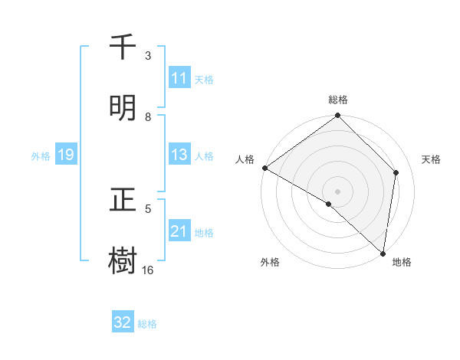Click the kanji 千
pos(123,47)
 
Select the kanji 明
pos(123,107)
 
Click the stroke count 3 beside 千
pos(148,56)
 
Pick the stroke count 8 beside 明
pos(148,116)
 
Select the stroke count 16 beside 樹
pos(148,270)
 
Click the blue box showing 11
pos(179,78)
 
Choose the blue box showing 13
pos(179,155)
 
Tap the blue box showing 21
pos(179,231)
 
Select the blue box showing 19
pos(65,155)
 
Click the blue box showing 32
pos(123,322)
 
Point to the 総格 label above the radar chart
pos(338,100)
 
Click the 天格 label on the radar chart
pos(431,159)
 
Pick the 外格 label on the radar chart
pos(270,262)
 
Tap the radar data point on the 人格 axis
pos(264,168)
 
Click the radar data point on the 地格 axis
pos(383,254)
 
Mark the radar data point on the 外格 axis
pos(329,204)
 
